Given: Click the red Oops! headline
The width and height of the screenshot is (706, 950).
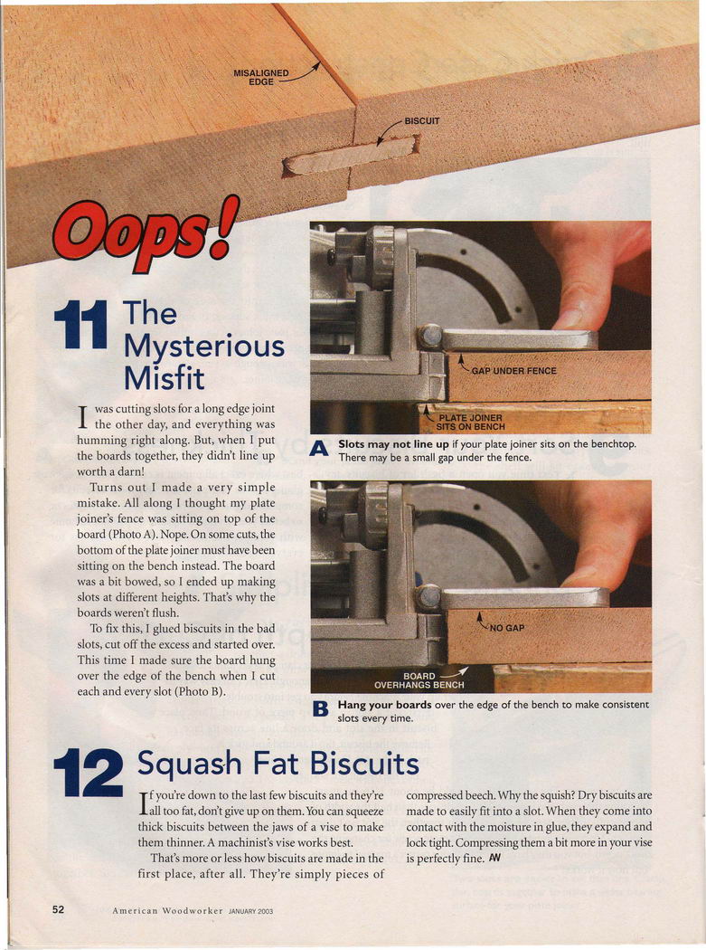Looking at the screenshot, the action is click(146, 233).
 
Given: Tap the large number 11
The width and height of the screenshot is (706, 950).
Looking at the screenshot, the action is click(80, 326).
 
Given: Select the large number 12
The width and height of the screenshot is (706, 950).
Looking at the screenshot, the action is click(89, 773).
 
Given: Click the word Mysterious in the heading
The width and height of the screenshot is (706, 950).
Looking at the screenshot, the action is click(204, 347).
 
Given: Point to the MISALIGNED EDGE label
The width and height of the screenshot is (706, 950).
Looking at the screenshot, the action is click(261, 77).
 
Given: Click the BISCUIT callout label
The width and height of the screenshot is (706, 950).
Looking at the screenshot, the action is click(422, 120).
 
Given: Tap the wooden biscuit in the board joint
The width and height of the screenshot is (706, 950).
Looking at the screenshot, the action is click(351, 156).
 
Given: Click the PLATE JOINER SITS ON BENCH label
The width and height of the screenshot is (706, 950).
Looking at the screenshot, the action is click(470, 423).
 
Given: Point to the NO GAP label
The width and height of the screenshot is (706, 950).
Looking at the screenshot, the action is click(507, 628).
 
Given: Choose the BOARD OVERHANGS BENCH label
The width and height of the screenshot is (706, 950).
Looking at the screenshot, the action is click(419, 680).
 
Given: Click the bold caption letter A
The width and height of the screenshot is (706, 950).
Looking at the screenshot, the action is click(319, 449).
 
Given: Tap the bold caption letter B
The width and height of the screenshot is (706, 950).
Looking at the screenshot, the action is click(319, 708).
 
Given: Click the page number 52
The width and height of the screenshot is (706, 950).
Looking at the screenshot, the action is click(58, 909).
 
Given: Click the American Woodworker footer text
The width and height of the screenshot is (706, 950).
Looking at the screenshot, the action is click(168, 910).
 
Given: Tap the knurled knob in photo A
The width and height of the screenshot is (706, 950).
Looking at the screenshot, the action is click(381, 257).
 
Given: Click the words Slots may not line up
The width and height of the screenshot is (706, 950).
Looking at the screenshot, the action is click(393, 444).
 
